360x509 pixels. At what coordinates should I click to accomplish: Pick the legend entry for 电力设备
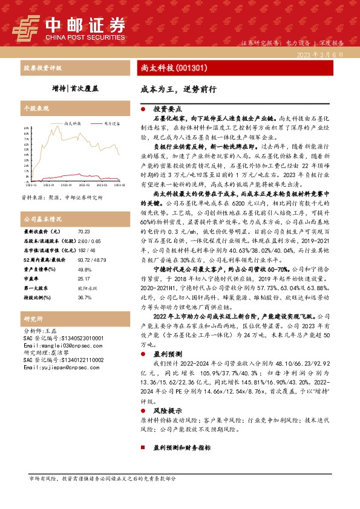(110, 123)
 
